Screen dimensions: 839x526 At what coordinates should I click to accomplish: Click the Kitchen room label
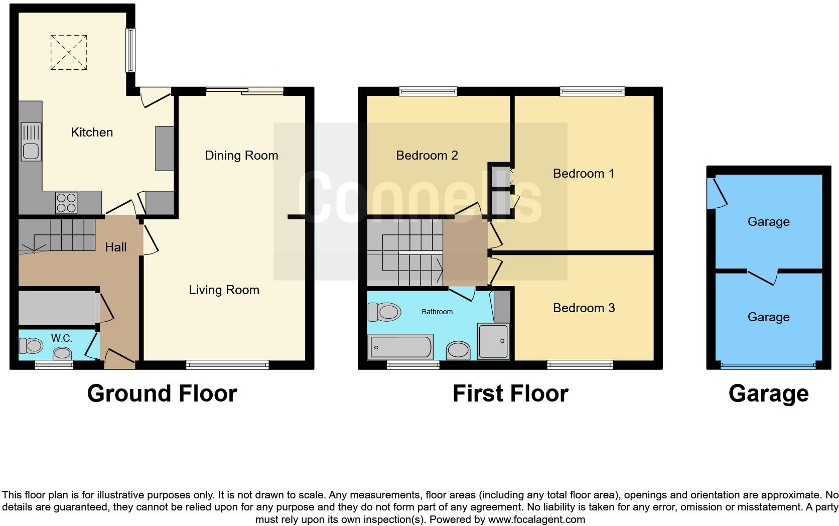click(x=92, y=132)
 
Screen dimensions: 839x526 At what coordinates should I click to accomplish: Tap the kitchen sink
click(x=31, y=142)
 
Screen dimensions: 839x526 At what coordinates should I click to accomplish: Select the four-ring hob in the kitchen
click(x=66, y=203)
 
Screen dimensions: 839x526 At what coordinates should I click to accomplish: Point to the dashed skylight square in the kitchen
click(x=69, y=53)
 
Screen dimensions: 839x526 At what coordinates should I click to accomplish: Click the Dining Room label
click(x=241, y=156)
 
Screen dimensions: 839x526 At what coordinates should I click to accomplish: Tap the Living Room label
click(x=224, y=290)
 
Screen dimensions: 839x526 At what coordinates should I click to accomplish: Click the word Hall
click(x=116, y=247)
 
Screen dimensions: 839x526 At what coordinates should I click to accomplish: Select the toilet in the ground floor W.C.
click(x=31, y=345)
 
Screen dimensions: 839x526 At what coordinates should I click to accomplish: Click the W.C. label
click(x=62, y=338)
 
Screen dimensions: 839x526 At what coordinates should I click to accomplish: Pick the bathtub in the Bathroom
click(x=400, y=347)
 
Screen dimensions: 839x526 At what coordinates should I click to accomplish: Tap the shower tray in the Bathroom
click(x=493, y=341)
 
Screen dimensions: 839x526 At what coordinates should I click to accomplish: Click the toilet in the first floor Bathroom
click(x=384, y=312)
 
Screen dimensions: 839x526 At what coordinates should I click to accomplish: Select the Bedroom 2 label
click(x=427, y=156)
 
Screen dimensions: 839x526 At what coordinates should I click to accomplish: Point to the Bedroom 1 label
click(x=584, y=174)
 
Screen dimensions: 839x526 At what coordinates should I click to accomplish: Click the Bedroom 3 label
click(x=584, y=308)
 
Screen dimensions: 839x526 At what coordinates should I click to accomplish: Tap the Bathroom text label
click(x=437, y=312)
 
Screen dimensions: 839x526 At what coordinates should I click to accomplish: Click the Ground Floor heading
click(x=162, y=394)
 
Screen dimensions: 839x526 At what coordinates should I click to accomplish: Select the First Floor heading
click(x=510, y=394)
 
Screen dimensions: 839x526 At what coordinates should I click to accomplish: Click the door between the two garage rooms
click(x=763, y=277)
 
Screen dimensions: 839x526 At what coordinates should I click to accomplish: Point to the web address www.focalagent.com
click(x=536, y=519)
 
